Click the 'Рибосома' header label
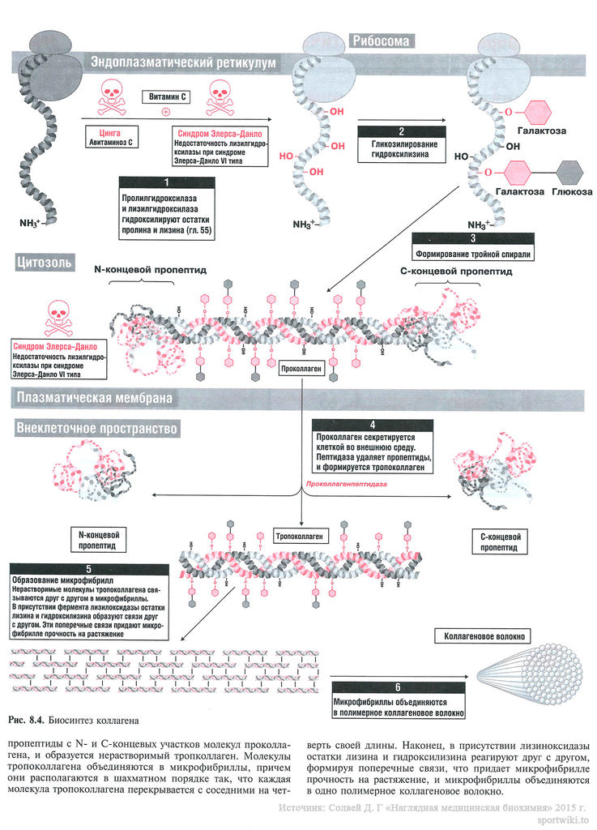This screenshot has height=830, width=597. tap(381, 41)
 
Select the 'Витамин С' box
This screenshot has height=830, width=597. tap(168, 96)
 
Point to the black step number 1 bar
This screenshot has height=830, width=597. tap(165, 182)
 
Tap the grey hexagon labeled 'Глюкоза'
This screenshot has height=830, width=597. tap(571, 172)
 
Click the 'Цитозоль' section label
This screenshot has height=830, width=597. tap(45, 262)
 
